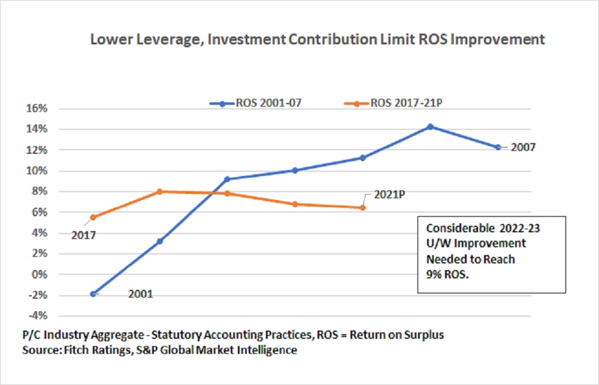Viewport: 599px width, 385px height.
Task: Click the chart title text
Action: [317, 40]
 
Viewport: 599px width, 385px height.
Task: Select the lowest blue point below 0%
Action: [93, 294]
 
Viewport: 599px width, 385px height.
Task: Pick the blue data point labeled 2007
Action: [498, 147]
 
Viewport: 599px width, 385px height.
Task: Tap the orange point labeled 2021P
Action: [362, 208]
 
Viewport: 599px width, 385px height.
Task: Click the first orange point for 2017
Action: [93, 217]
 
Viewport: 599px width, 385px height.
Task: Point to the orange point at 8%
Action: [160, 192]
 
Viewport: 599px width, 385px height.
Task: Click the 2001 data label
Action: [140, 294]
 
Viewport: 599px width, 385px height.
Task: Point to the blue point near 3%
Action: [160, 241]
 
